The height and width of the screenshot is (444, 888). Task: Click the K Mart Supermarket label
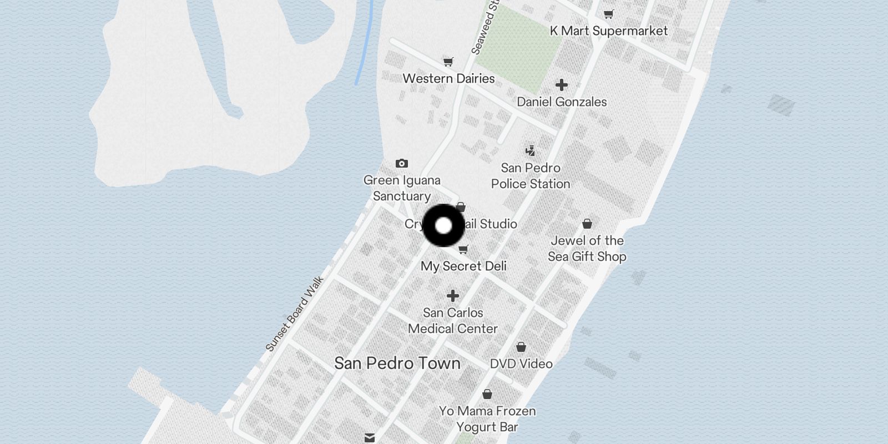(608, 31)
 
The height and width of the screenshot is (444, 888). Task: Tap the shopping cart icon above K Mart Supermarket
(609, 14)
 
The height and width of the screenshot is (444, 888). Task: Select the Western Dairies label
(448, 78)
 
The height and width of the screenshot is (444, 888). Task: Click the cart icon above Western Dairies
(448, 62)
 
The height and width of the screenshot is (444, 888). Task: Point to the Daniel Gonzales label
(562, 102)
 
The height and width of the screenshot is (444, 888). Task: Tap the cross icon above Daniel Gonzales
(562, 85)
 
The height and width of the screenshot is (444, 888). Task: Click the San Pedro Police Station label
(531, 176)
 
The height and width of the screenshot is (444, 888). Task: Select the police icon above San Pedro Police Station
(531, 150)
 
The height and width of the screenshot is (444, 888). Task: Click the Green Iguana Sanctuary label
(402, 188)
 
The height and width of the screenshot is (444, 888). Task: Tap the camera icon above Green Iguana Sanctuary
(402, 163)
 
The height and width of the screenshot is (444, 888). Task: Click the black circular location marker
(443, 225)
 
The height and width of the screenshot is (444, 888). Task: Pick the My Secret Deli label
(463, 266)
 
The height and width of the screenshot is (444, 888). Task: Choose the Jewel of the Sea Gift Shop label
(587, 249)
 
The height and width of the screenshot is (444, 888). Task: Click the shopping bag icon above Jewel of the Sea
(587, 224)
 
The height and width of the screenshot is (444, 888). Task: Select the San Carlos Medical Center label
(453, 321)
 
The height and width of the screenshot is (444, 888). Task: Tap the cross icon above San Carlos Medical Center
(453, 296)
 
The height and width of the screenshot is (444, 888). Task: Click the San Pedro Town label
(397, 364)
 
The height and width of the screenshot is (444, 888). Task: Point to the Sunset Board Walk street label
(295, 314)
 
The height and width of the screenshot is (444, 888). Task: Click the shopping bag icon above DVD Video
(521, 347)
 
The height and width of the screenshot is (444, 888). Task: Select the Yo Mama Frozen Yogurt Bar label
(487, 419)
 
